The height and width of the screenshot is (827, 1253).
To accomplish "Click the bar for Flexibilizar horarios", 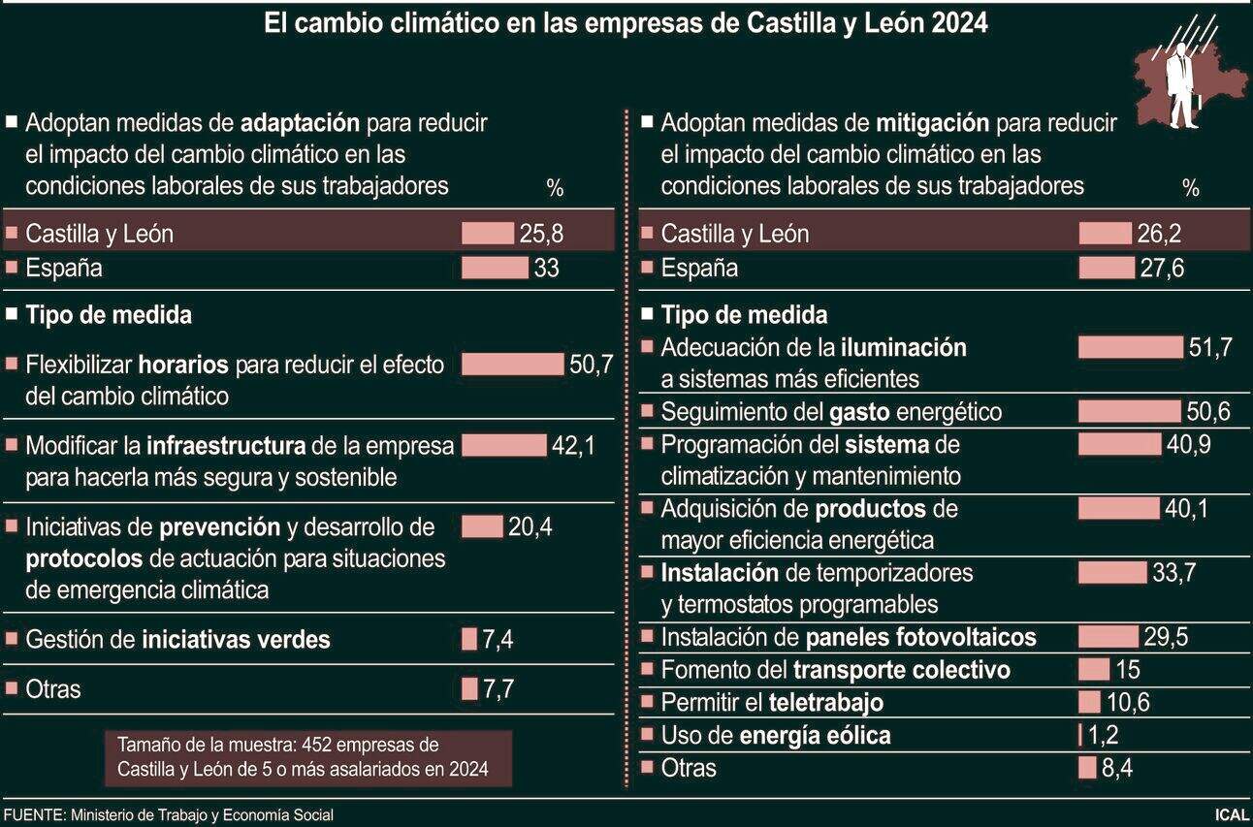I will (x=512, y=365).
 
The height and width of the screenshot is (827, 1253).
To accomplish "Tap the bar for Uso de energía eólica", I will (x=1079, y=735).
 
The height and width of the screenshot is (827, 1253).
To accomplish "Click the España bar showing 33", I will (x=494, y=268).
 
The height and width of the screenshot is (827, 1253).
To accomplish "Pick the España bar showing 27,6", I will (x=1106, y=268).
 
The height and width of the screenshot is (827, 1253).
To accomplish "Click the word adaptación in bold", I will (x=300, y=123).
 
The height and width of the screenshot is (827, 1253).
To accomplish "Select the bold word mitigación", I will (x=932, y=123).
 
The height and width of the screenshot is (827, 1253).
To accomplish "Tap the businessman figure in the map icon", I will (x=1180, y=87).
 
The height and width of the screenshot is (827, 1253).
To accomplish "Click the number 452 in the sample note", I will (x=319, y=746).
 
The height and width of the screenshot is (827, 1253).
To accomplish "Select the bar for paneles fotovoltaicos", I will (x=1108, y=637).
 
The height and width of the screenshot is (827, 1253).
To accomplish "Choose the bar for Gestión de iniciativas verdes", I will (x=469, y=640).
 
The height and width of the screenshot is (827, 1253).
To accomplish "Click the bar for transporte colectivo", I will (x=1094, y=670).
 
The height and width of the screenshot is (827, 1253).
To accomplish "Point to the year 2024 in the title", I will (x=958, y=23).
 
